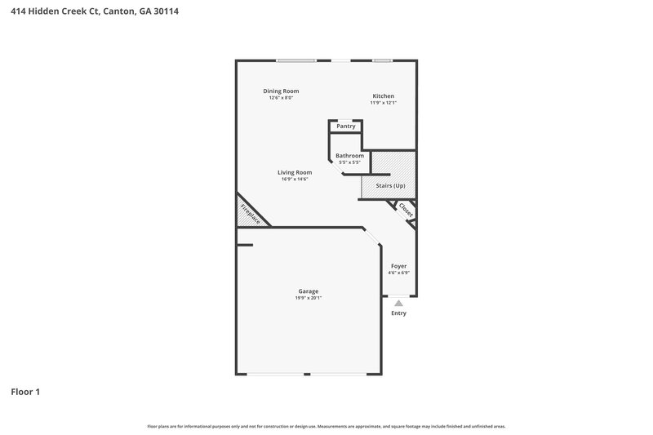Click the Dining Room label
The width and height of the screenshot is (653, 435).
(281, 91)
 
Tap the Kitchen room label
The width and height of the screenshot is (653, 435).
(383, 95)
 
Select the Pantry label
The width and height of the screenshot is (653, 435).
(346, 127)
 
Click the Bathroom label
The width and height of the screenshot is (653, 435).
(349, 155)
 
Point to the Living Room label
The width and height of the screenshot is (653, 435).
(295, 172)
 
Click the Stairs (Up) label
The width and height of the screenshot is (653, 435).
(390, 186)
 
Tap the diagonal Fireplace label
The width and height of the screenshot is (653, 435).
(250, 214)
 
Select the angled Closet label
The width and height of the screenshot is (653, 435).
(406, 210)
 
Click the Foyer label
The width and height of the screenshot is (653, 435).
(398, 266)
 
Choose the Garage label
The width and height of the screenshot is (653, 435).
(308, 291)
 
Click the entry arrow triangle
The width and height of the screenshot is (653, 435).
(398, 303)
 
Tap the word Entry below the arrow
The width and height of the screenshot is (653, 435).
(398, 313)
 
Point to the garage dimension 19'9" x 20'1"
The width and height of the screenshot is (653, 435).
(308, 298)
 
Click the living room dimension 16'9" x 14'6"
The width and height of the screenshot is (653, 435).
(295, 179)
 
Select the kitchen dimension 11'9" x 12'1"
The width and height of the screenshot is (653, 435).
(383, 103)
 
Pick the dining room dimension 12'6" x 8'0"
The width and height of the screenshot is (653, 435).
(281, 98)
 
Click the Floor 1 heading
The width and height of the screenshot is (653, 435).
(25, 392)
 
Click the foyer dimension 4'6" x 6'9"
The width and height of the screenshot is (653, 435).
(398, 273)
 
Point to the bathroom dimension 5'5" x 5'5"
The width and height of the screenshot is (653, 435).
(349, 162)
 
